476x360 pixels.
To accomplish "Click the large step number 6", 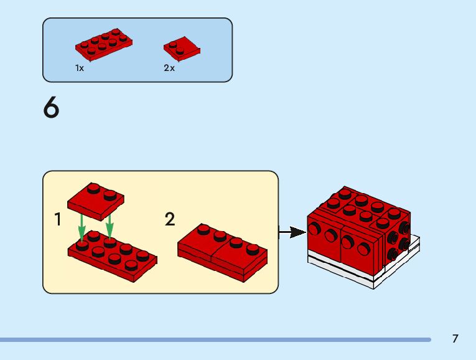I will [x=52, y=108].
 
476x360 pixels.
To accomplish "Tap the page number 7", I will [x=455, y=339].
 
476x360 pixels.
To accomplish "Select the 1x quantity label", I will [x=80, y=68].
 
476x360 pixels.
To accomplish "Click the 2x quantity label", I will [x=169, y=68].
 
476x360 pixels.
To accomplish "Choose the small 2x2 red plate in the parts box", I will [x=182, y=48].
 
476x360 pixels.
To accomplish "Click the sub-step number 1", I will [x=58, y=219].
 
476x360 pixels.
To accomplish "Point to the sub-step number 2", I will [x=170, y=219].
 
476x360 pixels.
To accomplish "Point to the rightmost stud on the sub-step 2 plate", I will [x=252, y=250].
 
